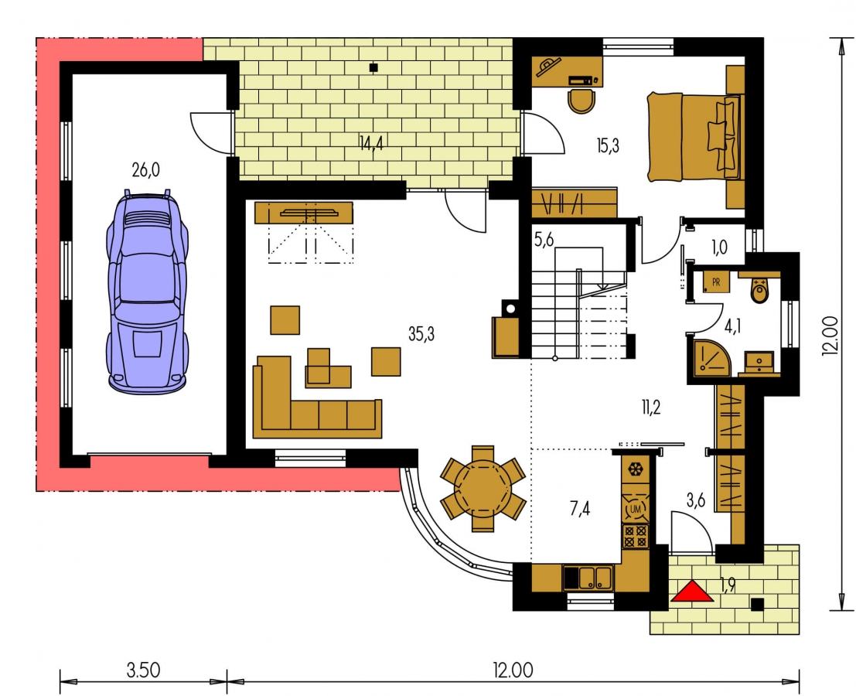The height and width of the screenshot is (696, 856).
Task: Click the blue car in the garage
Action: tap(148, 291)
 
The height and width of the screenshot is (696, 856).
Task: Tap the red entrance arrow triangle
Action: tap(692, 591)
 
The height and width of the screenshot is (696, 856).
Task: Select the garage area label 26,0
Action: tap(146, 170)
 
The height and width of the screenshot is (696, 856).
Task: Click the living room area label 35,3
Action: tap(421, 334)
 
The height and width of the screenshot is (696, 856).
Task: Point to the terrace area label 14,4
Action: tap(371, 143)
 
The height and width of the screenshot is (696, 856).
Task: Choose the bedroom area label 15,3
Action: tap(608, 145)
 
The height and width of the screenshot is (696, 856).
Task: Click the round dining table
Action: tap(483, 488)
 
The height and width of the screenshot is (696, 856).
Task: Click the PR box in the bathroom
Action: tap(715, 282)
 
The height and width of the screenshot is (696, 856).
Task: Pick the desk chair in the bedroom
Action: tap(582, 101)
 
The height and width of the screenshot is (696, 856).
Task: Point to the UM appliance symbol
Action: tap(636, 510)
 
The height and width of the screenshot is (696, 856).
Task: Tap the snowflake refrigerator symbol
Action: tap(635, 469)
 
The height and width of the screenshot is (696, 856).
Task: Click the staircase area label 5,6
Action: tap(544, 241)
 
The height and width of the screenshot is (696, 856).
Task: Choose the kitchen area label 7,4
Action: tap(580, 509)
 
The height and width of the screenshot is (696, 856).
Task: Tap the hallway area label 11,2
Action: tap(651, 407)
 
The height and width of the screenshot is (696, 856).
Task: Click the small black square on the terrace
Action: tap(373, 68)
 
